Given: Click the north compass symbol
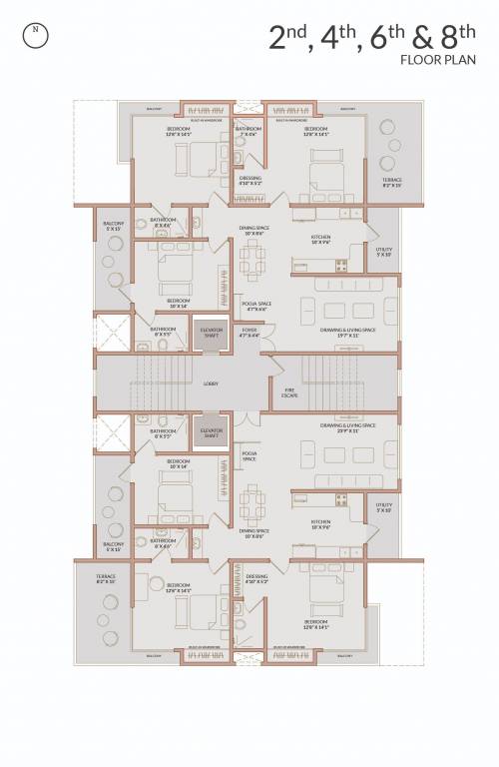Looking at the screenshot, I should pos(36,30).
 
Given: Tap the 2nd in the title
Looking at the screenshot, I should pos(289,38).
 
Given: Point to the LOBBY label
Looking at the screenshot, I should pos(211,383).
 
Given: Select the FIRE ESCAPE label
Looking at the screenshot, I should pos(289,393).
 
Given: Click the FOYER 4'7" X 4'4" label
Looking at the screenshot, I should pos(249,333).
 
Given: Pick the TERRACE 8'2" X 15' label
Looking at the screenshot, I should pos(391,182).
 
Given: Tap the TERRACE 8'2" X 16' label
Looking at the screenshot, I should pos(106,579).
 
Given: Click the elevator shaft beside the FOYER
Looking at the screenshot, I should pos(211,332).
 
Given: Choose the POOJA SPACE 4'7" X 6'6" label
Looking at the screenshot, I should pos(256,306).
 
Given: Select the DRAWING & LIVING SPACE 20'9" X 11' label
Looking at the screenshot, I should pos(347,427).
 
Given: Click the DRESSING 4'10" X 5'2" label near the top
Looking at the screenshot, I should pos(250,181).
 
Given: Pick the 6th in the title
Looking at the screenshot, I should pos(384,38).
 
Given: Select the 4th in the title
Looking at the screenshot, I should pos(338,38).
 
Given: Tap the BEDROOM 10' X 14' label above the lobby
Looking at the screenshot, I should pos(179,302).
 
